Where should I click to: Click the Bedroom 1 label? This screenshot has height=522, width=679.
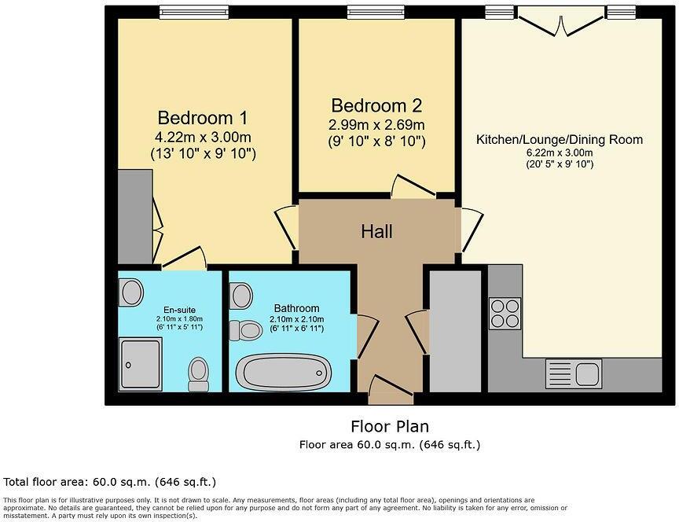203,119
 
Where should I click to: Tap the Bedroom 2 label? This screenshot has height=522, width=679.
376,106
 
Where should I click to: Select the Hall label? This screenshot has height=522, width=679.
376,232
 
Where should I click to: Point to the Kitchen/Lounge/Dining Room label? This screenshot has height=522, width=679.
559,140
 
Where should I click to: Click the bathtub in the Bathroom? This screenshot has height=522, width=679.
284,372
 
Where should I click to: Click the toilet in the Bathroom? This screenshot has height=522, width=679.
246,331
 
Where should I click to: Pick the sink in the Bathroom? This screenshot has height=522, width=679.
241,296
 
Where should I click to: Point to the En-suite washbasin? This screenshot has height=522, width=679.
131,293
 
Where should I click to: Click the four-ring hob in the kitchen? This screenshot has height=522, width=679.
504,314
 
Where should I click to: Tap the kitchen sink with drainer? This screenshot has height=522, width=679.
573,373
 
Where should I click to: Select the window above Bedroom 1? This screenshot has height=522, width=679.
182,12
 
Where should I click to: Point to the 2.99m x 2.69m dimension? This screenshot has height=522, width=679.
376,126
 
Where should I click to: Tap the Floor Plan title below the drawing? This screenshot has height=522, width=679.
390,427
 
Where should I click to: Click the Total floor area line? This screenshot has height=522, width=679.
110,481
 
